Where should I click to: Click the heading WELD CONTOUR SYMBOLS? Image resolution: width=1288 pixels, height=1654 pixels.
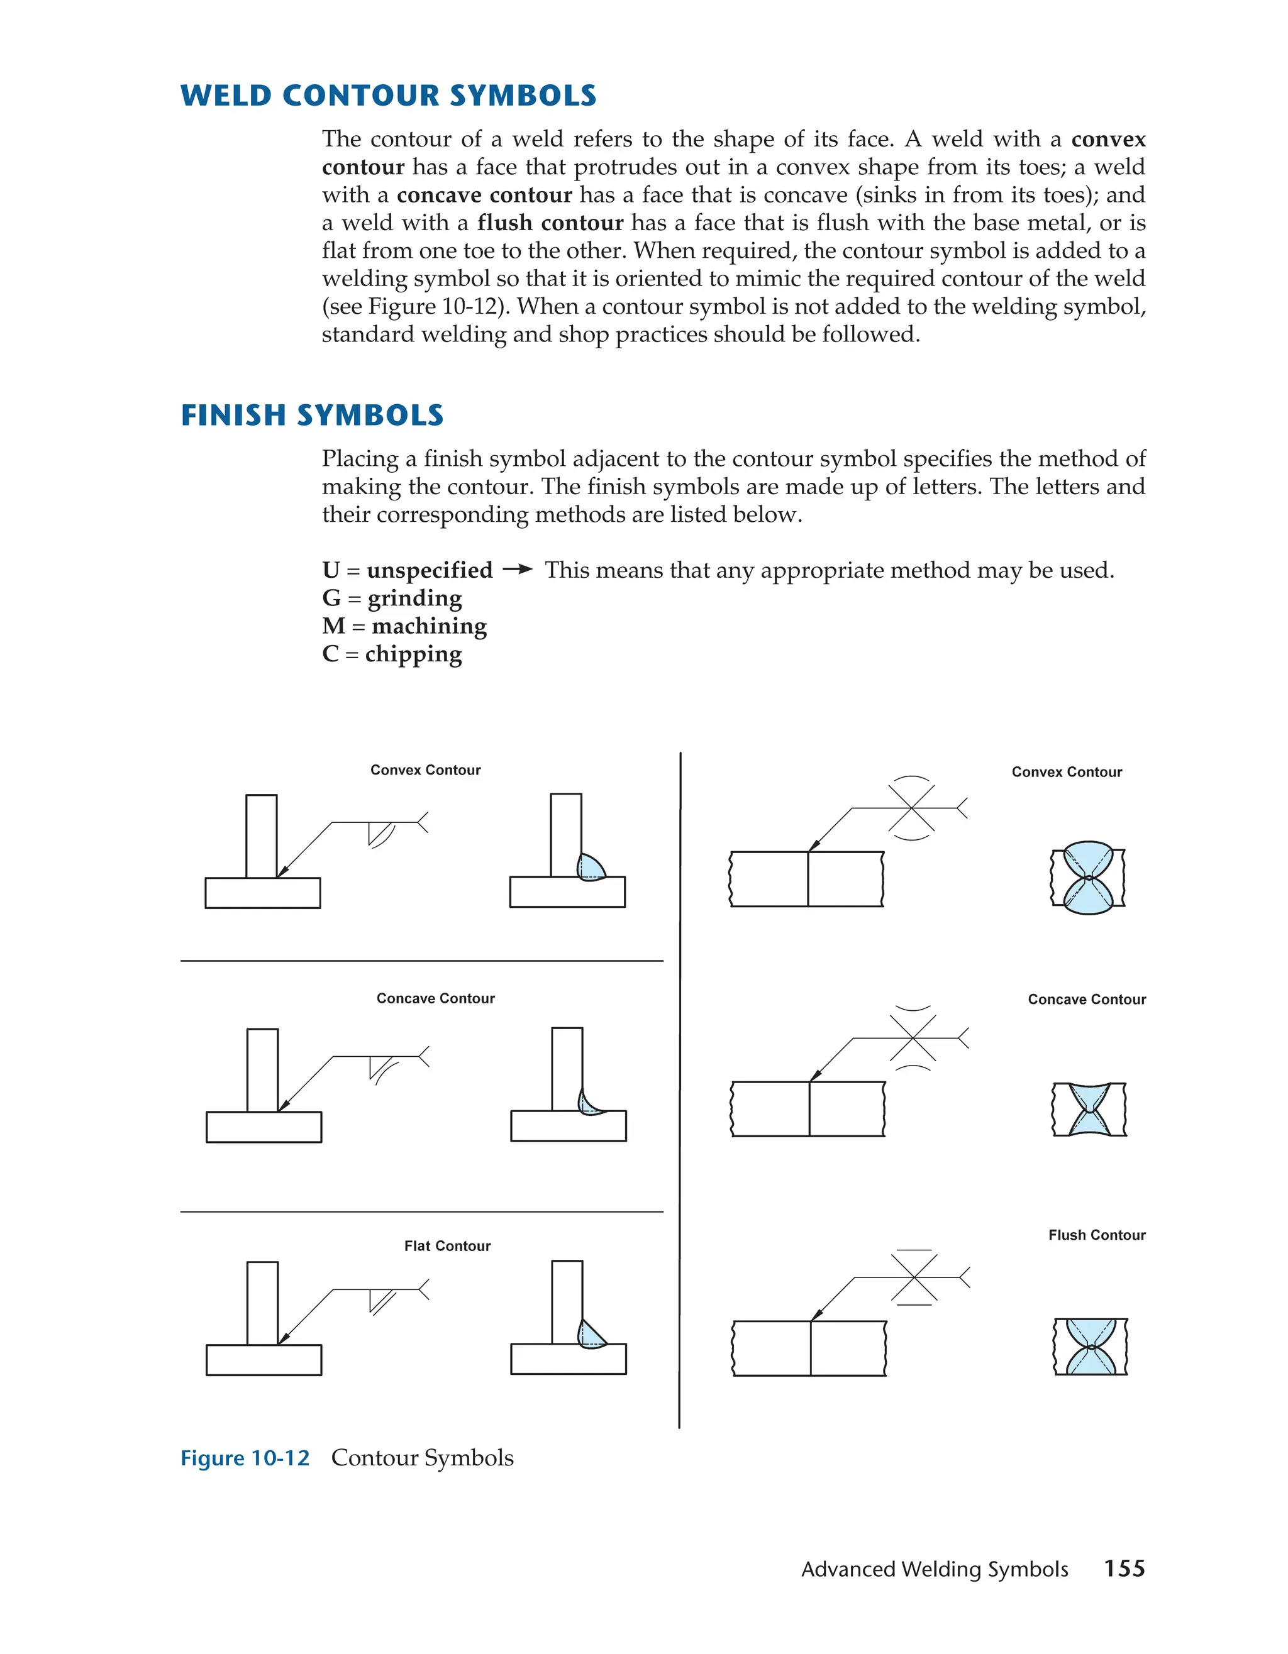pyautogui.click(x=388, y=96)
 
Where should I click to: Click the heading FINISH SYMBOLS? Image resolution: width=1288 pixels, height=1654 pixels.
pyautogui.click(x=311, y=416)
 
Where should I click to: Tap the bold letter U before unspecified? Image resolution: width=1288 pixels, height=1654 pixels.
pyautogui.click(x=330, y=570)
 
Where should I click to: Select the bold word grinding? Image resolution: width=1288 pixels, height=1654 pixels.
pyautogui.click(x=414, y=598)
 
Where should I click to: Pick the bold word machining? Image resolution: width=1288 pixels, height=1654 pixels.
pyautogui.click(x=429, y=626)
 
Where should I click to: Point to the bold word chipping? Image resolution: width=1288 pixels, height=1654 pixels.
pyautogui.click(x=413, y=654)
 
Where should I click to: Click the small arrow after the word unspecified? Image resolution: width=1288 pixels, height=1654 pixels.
pyautogui.click(x=518, y=570)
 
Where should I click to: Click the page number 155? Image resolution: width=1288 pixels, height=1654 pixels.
pyautogui.click(x=1124, y=1569)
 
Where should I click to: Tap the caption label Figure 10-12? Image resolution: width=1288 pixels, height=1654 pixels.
pyautogui.click(x=245, y=1458)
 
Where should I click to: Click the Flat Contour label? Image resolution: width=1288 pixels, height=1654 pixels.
pyautogui.click(x=447, y=1246)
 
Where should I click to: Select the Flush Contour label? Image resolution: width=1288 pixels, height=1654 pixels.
pyautogui.click(x=1096, y=1235)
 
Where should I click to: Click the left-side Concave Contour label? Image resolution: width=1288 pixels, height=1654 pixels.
pyautogui.click(x=436, y=998)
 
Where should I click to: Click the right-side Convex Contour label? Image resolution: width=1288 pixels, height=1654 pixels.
pyautogui.click(x=1066, y=772)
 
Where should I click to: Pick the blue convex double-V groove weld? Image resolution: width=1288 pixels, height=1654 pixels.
pyautogui.click(x=1088, y=878)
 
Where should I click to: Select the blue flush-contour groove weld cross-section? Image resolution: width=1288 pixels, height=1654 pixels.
pyautogui.click(x=1091, y=1347)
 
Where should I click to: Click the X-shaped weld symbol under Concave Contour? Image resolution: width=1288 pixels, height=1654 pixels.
pyautogui.click(x=913, y=1037)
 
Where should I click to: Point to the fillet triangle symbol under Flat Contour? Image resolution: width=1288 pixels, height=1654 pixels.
pyautogui.click(x=377, y=1299)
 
